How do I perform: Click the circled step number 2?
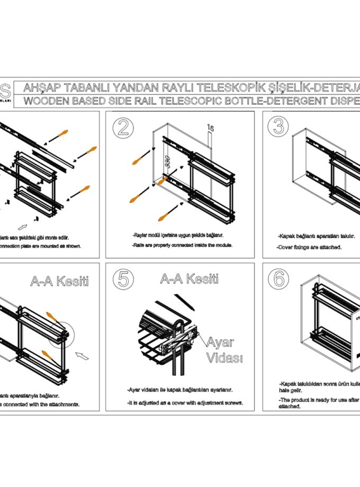[123, 127]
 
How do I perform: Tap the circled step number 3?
[277, 127]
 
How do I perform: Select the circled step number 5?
[123, 279]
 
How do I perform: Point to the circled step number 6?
[277, 279]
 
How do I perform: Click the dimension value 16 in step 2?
[210, 128]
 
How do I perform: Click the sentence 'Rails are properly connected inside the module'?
[183, 245]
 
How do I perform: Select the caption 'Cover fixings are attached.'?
[310, 247]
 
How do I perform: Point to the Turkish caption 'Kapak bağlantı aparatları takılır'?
[316, 237]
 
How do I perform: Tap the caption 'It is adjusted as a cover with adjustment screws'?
[185, 403]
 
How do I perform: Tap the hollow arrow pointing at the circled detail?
[82, 353]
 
